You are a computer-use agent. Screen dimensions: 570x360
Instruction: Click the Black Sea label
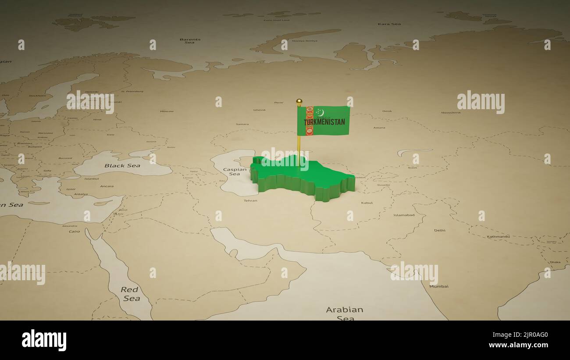coord(122,166)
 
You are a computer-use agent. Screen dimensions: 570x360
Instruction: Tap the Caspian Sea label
coord(235,171)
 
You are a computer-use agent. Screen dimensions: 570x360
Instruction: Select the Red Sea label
coord(130,294)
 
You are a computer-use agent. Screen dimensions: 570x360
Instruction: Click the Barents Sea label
coord(189,41)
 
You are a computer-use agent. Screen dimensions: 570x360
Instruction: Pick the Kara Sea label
coord(388,24)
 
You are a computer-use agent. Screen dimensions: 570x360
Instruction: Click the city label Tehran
coord(250,201)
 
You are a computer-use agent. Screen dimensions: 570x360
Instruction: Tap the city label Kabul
coord(367,203)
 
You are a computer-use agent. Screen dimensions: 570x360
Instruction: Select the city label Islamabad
coord(403,215)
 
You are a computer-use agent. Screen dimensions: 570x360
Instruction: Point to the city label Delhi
coord(439,230)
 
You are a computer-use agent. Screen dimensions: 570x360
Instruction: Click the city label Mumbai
coord(438,286)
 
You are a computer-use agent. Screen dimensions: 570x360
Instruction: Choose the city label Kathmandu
coord(498,237)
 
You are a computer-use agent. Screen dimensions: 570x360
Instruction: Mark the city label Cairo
coord(74,231)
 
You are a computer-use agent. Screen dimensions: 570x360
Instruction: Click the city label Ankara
coord(107,186)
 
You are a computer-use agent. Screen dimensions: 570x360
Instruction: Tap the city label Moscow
coord(167,111)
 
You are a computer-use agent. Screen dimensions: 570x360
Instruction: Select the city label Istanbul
coord(92,179)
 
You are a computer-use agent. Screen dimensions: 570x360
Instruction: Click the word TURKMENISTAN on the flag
coord(324,122)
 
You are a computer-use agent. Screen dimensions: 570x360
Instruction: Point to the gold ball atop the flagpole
coord(299,101)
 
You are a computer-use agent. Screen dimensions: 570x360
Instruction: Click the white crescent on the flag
coord(320,113)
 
